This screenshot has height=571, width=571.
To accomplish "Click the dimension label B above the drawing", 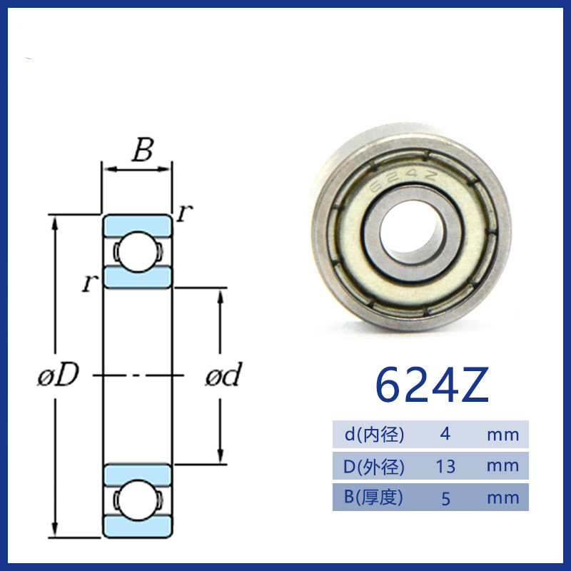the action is tap(142, 150).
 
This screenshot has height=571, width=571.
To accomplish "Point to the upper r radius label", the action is tap(185, 212).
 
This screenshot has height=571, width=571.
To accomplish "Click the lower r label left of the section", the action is tap(90, 283).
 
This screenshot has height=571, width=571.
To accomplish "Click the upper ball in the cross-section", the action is tap(137, 251).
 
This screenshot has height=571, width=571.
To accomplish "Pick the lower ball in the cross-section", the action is tap(137, 500).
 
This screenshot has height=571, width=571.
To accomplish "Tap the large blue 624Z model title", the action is tap(432, 385).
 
